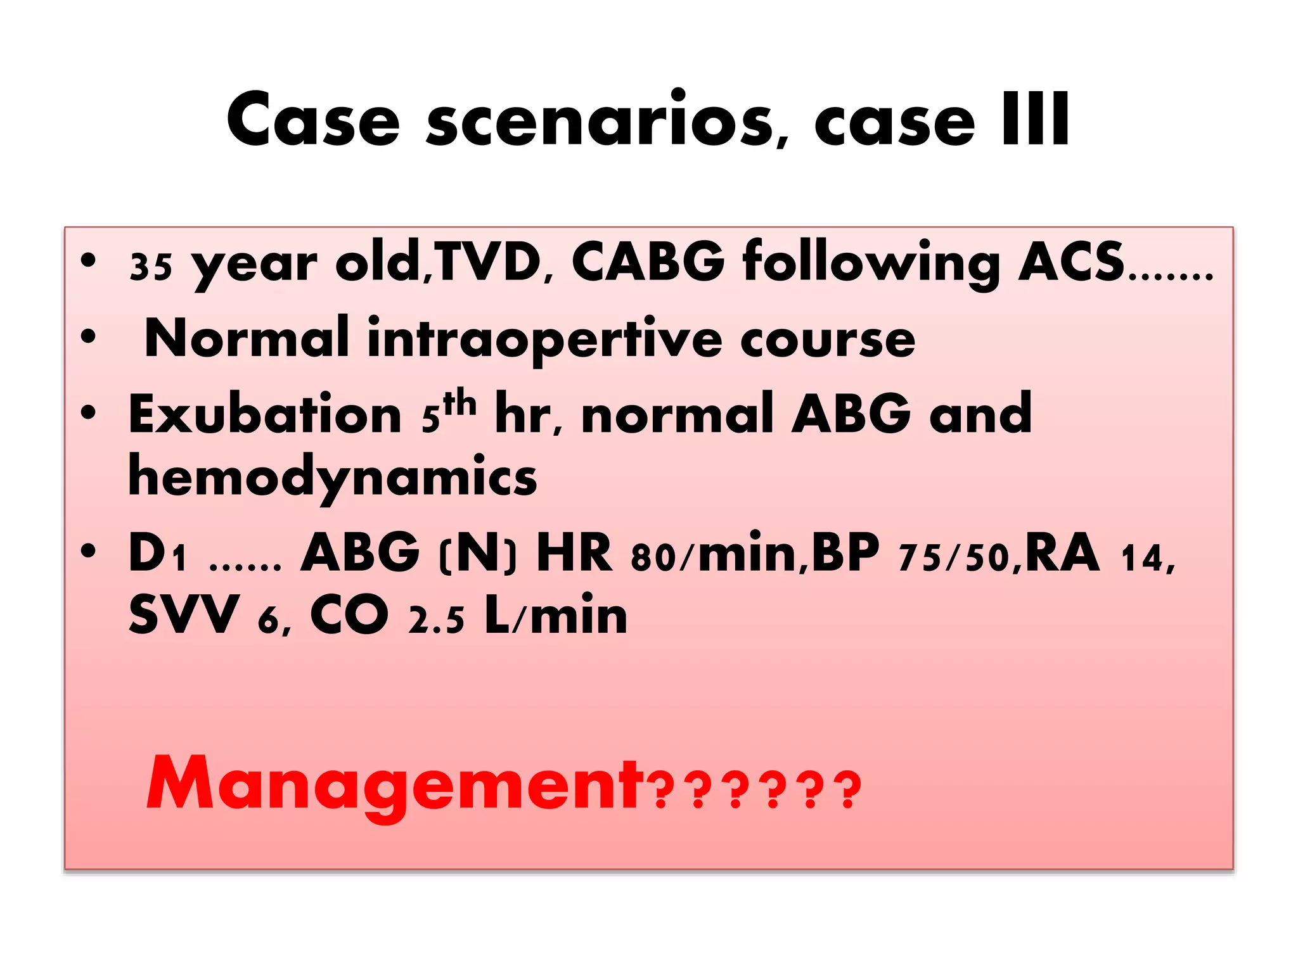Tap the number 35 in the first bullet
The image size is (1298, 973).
[151, 267]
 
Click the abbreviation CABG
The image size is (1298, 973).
[648, 262]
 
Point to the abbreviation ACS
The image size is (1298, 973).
[1071, 262]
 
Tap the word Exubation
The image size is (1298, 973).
[265, 415]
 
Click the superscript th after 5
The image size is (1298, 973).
[460, 403]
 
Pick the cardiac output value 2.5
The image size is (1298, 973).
[436, 620]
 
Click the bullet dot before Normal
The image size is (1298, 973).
[89, 336]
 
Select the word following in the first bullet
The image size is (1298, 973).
[871, 264]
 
